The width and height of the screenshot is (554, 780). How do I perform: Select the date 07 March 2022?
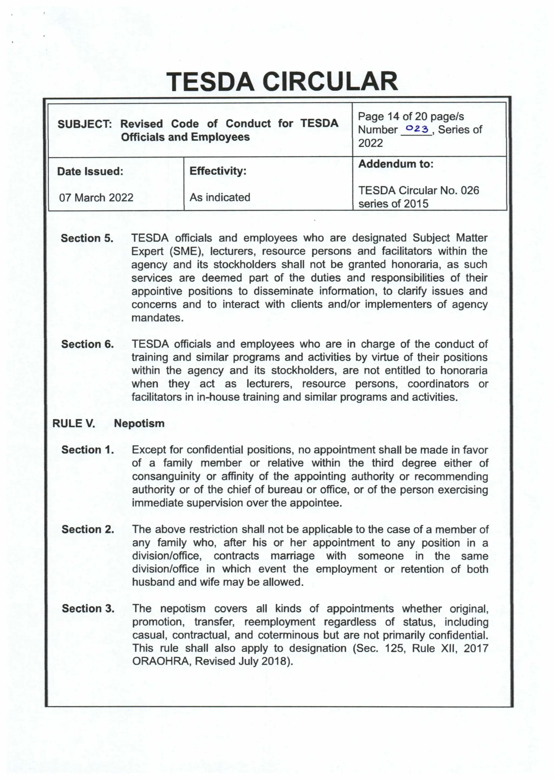[x=96, y=198]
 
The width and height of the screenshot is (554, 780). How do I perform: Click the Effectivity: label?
[x=218, y=171]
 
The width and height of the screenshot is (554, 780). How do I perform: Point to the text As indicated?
[x=220, y=197]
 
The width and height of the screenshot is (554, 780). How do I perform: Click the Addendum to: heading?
[x=396, y=164]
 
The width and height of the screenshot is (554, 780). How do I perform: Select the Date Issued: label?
[x=90, y=171]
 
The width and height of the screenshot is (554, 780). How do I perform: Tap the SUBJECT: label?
[x=85, y=124]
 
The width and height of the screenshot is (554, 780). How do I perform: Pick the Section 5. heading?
[x=87, y=238]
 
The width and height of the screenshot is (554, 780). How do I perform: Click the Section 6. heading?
[x=87, y=344]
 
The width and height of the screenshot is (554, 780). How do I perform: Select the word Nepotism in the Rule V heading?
[x=139, y=424]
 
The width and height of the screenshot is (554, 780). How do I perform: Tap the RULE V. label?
[x=74, y=424]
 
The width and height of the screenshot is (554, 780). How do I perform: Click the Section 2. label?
[x=88, y=529]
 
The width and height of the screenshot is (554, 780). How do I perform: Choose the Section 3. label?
[x=88, y=609]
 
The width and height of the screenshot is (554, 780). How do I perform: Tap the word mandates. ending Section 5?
[x=158, y=318]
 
